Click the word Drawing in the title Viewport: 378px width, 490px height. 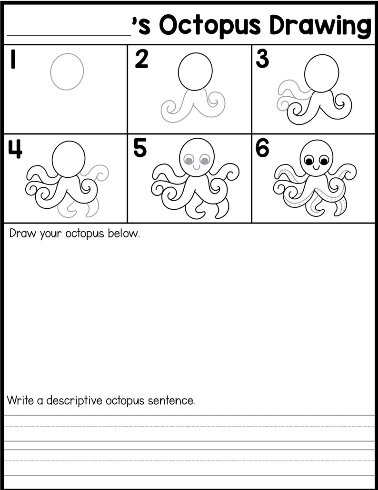320,27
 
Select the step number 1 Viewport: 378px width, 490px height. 13,60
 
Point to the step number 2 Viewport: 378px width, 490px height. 141,60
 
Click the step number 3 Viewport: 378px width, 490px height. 262,59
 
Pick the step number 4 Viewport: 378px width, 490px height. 15,149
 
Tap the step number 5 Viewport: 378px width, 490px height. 140,149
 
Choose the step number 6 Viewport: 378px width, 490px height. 263,149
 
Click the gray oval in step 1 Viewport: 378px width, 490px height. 67,71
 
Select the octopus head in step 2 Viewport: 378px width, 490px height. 195,71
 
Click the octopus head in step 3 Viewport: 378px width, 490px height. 322,74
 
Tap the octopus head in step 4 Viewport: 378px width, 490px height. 69,159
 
